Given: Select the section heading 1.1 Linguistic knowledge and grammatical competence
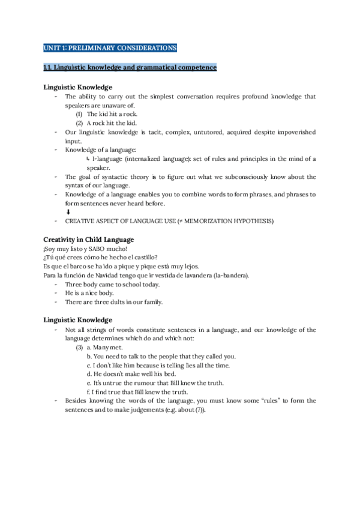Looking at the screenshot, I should [130, 67].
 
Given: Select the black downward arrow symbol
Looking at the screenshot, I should [68, 212].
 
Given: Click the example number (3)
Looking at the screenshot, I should [79, 347].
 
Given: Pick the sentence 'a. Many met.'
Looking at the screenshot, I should [105, 347].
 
